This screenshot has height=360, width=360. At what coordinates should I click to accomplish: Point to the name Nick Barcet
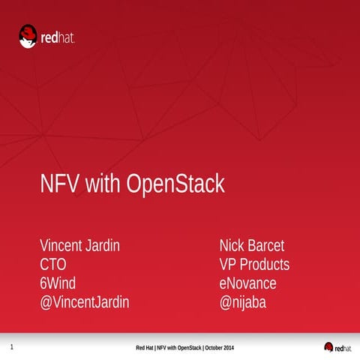coord(251,246)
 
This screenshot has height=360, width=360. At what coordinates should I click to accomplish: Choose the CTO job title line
coord(53,265)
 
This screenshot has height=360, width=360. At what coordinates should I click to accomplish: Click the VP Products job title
coord(254,265)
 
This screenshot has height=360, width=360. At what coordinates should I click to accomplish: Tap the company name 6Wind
coord(58,283)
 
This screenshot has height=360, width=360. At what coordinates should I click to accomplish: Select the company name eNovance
coord(247,283)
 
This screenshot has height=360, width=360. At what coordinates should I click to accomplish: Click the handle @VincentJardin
coord(85,302)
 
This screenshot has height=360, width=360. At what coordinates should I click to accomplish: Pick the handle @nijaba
coord(243,302)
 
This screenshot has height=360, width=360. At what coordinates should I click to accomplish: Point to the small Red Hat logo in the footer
coord(337,348)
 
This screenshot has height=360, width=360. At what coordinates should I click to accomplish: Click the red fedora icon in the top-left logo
coord(28,34)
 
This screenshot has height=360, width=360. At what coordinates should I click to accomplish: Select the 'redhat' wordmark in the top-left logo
coord(58,36)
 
